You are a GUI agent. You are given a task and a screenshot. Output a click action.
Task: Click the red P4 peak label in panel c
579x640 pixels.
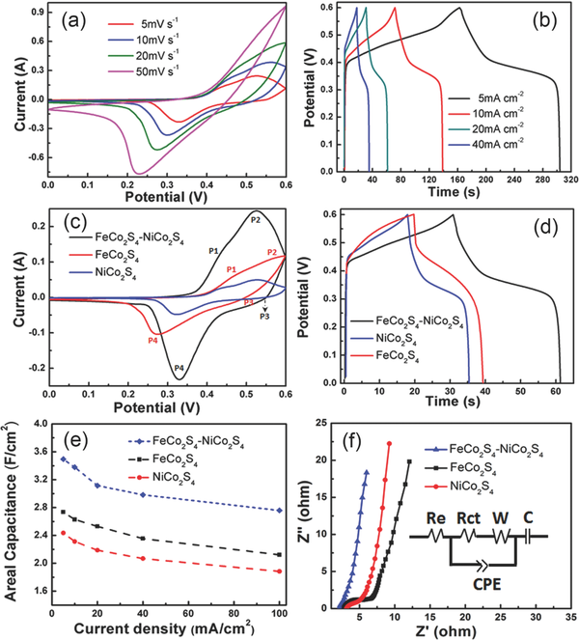(x=152, y=340)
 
